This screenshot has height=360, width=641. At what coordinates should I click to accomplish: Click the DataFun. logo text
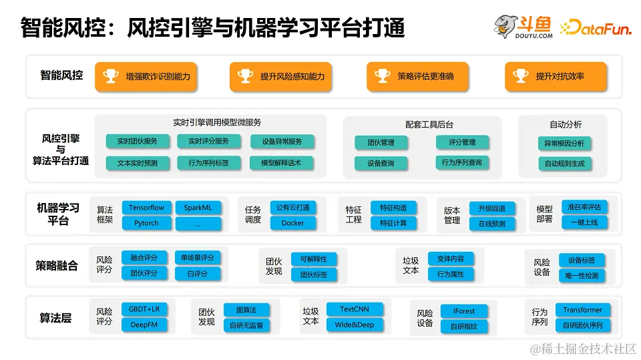597,27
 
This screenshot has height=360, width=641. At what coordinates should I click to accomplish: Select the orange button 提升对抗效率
556,77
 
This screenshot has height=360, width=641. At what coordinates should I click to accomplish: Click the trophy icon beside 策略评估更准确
383,76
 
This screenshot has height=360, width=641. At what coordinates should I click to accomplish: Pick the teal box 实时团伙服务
138,142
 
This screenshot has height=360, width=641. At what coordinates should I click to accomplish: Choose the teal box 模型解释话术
280,163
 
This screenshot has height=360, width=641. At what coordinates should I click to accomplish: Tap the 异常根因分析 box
564,143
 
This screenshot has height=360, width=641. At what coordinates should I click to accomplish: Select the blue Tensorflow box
146,208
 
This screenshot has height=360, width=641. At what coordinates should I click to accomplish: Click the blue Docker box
292,223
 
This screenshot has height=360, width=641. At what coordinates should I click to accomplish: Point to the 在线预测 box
492,224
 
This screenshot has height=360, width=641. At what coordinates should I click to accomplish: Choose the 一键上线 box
584,222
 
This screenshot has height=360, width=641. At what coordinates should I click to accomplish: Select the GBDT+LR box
144,310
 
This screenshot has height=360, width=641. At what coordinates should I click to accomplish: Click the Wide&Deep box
354,325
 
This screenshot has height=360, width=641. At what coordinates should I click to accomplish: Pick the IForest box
463,311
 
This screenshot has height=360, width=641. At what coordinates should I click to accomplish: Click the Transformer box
582,310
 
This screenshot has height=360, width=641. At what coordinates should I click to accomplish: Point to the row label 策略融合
57,266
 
